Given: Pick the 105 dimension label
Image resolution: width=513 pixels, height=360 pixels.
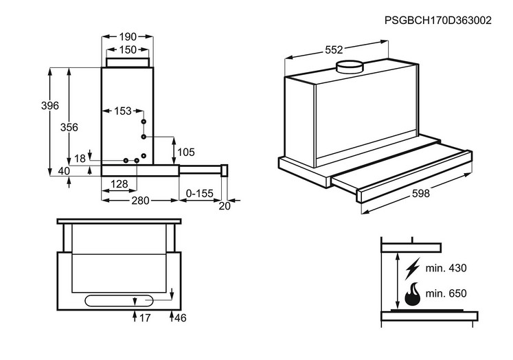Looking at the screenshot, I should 186,151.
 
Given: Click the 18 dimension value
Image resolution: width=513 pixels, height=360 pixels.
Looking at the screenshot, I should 80,159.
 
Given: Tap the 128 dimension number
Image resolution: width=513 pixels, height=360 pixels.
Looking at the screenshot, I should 119,183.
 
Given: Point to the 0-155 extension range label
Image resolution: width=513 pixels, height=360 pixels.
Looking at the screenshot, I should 201,194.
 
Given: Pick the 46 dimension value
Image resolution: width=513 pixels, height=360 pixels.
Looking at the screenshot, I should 180,318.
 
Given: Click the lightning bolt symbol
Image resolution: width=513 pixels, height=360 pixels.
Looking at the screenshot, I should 412,267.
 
